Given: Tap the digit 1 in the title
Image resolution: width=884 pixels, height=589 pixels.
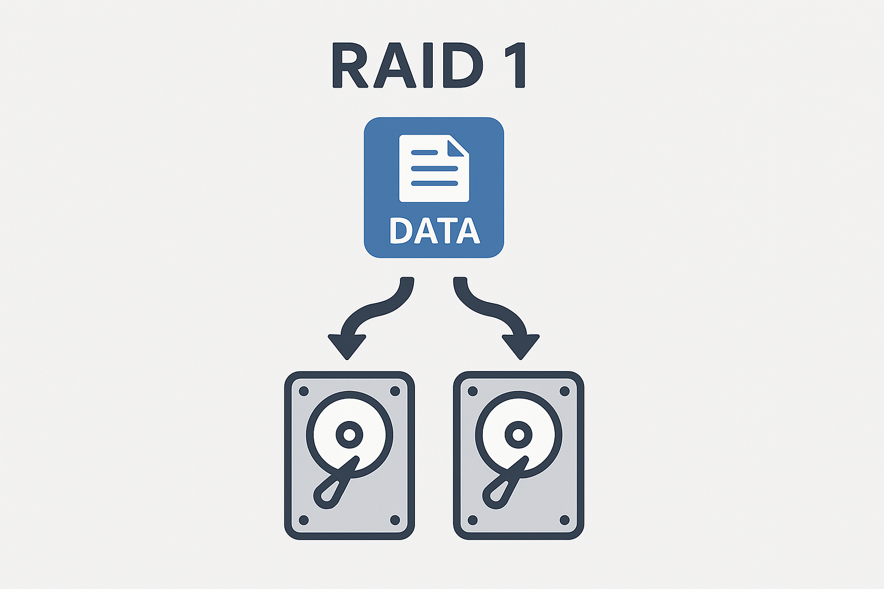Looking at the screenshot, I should point(516,65).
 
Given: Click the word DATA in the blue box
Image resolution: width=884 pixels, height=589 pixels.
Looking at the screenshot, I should point(435,231).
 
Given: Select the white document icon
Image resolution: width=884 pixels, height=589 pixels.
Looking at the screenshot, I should point(434,168).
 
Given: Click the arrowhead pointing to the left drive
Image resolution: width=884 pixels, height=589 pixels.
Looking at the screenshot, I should point(347,345).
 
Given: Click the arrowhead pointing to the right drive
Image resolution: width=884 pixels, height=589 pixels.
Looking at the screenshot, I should point(521,345).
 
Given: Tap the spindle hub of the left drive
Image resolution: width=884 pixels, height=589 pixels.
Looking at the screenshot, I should point(349,435).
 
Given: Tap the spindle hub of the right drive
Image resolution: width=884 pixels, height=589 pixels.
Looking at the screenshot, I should point(518,435).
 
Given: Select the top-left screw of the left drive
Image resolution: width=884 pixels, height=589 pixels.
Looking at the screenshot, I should point(304,391).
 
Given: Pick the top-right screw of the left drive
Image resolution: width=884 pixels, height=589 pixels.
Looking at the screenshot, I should point(395,391).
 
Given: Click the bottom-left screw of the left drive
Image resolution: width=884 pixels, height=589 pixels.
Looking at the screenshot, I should point(304,520).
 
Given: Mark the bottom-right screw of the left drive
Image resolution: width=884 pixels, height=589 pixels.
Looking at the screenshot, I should point(395,520).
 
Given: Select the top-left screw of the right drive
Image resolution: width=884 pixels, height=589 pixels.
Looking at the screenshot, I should point(473,391).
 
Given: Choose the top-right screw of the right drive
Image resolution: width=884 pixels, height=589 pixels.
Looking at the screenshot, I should point(564,391).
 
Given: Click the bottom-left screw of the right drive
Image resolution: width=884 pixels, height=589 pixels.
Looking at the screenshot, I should point(473,520).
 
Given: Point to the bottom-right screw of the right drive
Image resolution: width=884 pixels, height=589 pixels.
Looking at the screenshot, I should point(564,520).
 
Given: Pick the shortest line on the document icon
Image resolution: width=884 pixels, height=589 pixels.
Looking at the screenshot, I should point(425,152).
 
